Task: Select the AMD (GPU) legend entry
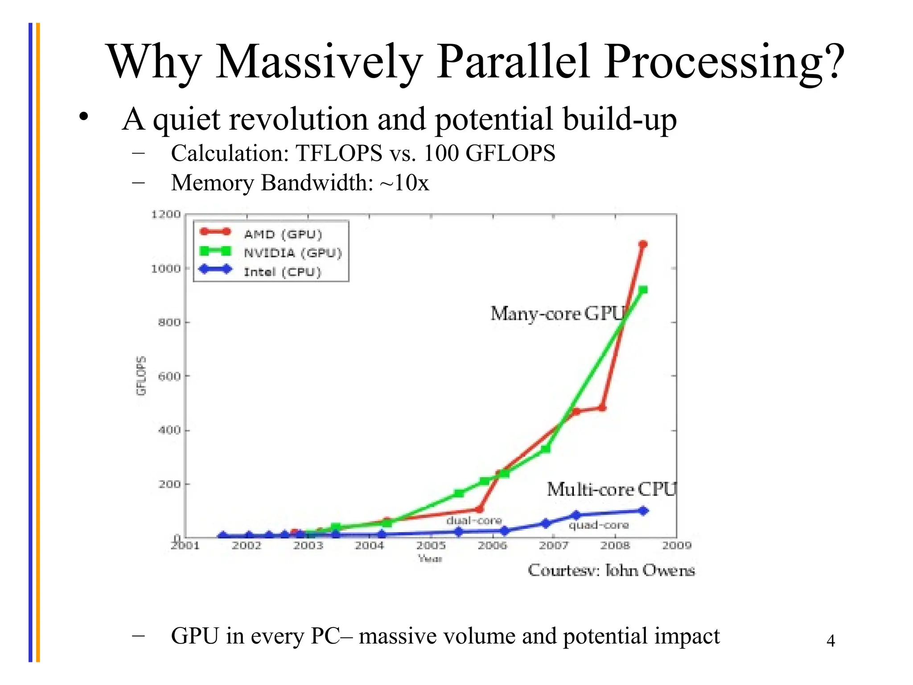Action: (283, 235)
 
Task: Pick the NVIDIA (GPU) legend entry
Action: (292, 253)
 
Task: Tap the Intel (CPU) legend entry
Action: (282, 272)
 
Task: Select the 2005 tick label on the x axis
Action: (431, 545)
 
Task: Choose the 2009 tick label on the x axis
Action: (676, 545)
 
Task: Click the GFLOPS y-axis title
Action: (141, 376)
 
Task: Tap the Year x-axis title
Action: (430, 559)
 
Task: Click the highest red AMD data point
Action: (643, 244)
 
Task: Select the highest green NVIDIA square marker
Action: (643, 290)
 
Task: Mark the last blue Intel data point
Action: (643, 511)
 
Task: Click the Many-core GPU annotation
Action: (557, 314)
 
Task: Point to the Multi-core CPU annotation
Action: (611, 490)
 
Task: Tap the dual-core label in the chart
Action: (474, 520)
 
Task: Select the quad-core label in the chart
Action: (598, 525)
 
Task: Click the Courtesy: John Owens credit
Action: (611, 570)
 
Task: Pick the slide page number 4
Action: (831, 641)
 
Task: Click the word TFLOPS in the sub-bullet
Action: (339, 153)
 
